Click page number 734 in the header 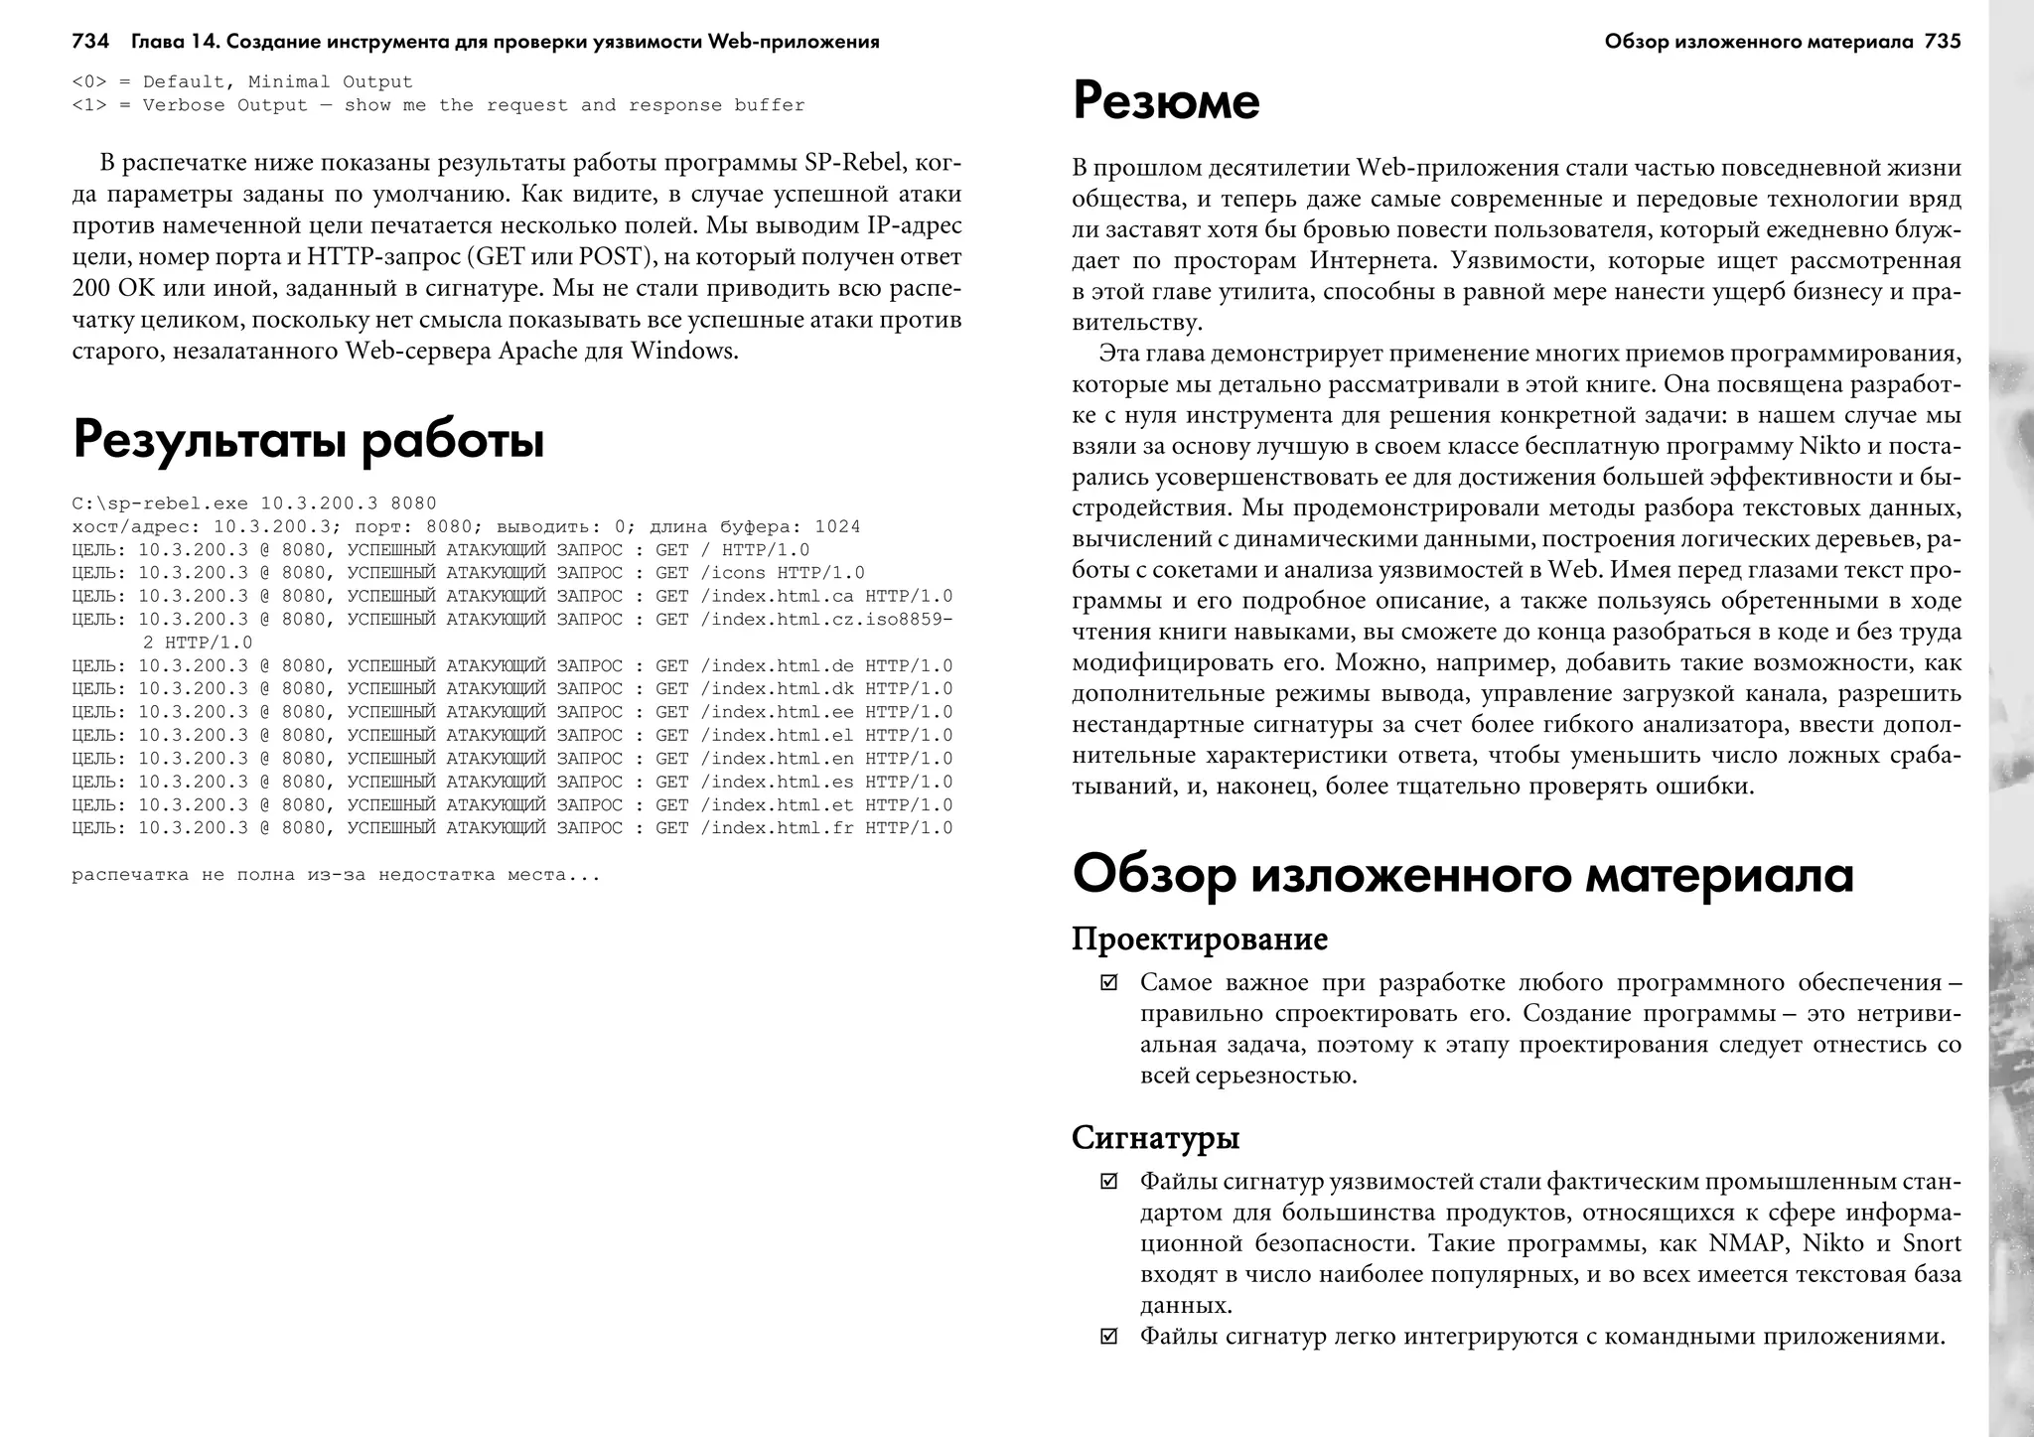tap(90, 42)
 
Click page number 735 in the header tap(1943, 42)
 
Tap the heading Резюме tap(1165, 101)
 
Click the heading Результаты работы tap(309, 440)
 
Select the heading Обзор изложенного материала tap(1462, 875)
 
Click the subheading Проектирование tap(1199, 938)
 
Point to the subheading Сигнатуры tap(1155, 1137)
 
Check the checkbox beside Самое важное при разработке tap(1108, 983)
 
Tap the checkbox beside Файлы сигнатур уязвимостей tap(1108, 1182)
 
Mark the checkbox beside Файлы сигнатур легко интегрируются tap(1108, 1337)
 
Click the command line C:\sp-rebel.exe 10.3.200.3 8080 tap(254, 503)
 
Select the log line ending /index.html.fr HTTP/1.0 tap(511, 828)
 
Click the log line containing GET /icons tap(468, 573)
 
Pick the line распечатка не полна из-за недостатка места tap(336, 875)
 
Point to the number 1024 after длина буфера tap(837, 527)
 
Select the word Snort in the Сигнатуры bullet tap(1931, 1243)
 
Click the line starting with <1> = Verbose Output tap(438, 105)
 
